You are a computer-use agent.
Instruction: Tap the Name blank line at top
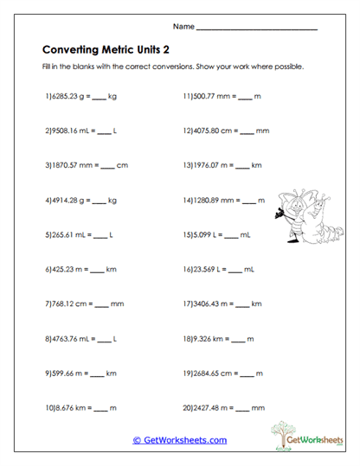(x=257, y=29)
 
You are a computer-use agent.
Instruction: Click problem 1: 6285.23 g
(x=67, y=97)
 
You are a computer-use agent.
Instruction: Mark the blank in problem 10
(x=98, y=408)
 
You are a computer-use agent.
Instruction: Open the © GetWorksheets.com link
(x=179, y=440)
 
